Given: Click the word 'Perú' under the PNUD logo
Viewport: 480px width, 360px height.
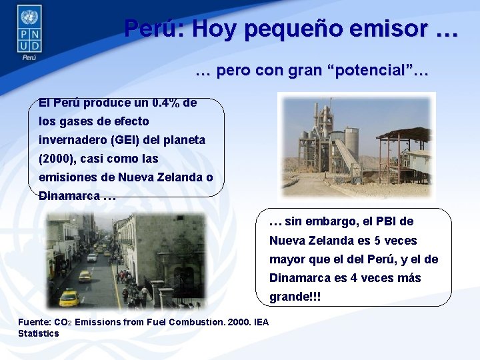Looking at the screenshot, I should pos(29,57).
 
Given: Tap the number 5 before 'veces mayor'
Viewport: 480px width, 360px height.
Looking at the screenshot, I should pos(378,240).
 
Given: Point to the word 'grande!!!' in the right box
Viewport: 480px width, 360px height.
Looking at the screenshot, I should pos(295,296).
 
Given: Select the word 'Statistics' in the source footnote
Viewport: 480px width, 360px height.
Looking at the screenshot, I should pos(39,333).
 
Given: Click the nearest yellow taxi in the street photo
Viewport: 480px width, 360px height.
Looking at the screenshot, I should pos(69,296).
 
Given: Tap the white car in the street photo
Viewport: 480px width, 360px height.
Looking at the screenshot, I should pos(93,257).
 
